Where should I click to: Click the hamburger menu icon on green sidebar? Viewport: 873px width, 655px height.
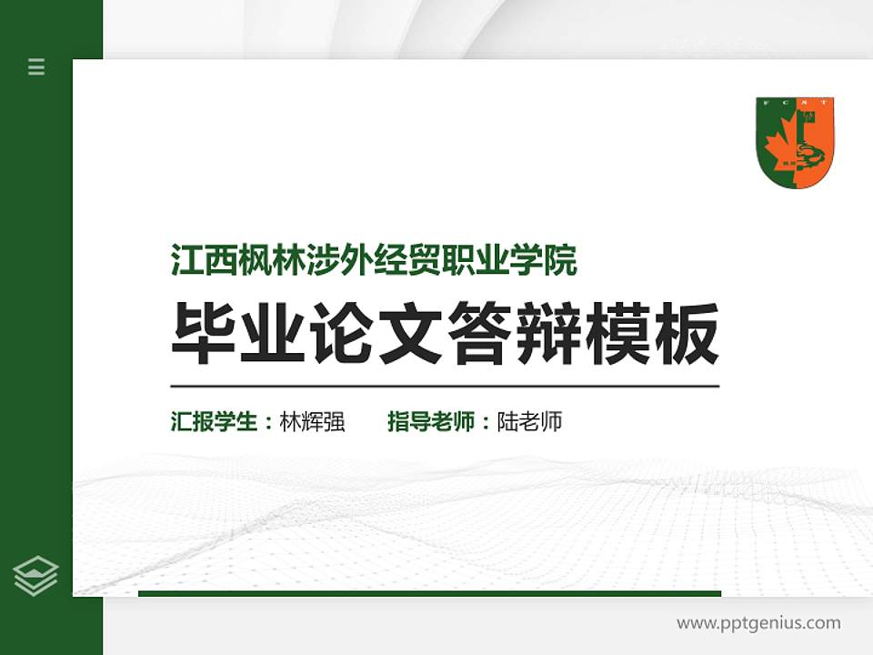(x=36, y=66)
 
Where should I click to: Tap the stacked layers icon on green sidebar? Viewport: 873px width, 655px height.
(x=36, y=576)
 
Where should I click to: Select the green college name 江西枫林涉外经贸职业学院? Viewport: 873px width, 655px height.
(x=374, y=260)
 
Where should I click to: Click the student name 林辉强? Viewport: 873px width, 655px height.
(x=312, y=422)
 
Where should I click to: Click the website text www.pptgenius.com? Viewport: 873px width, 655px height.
(x=758, y=623)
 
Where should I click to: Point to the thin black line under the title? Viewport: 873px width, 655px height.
(x=445, y=387)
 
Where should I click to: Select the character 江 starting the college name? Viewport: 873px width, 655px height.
(x=186, y=260)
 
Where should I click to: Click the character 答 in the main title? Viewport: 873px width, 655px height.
(x=480, y=334)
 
